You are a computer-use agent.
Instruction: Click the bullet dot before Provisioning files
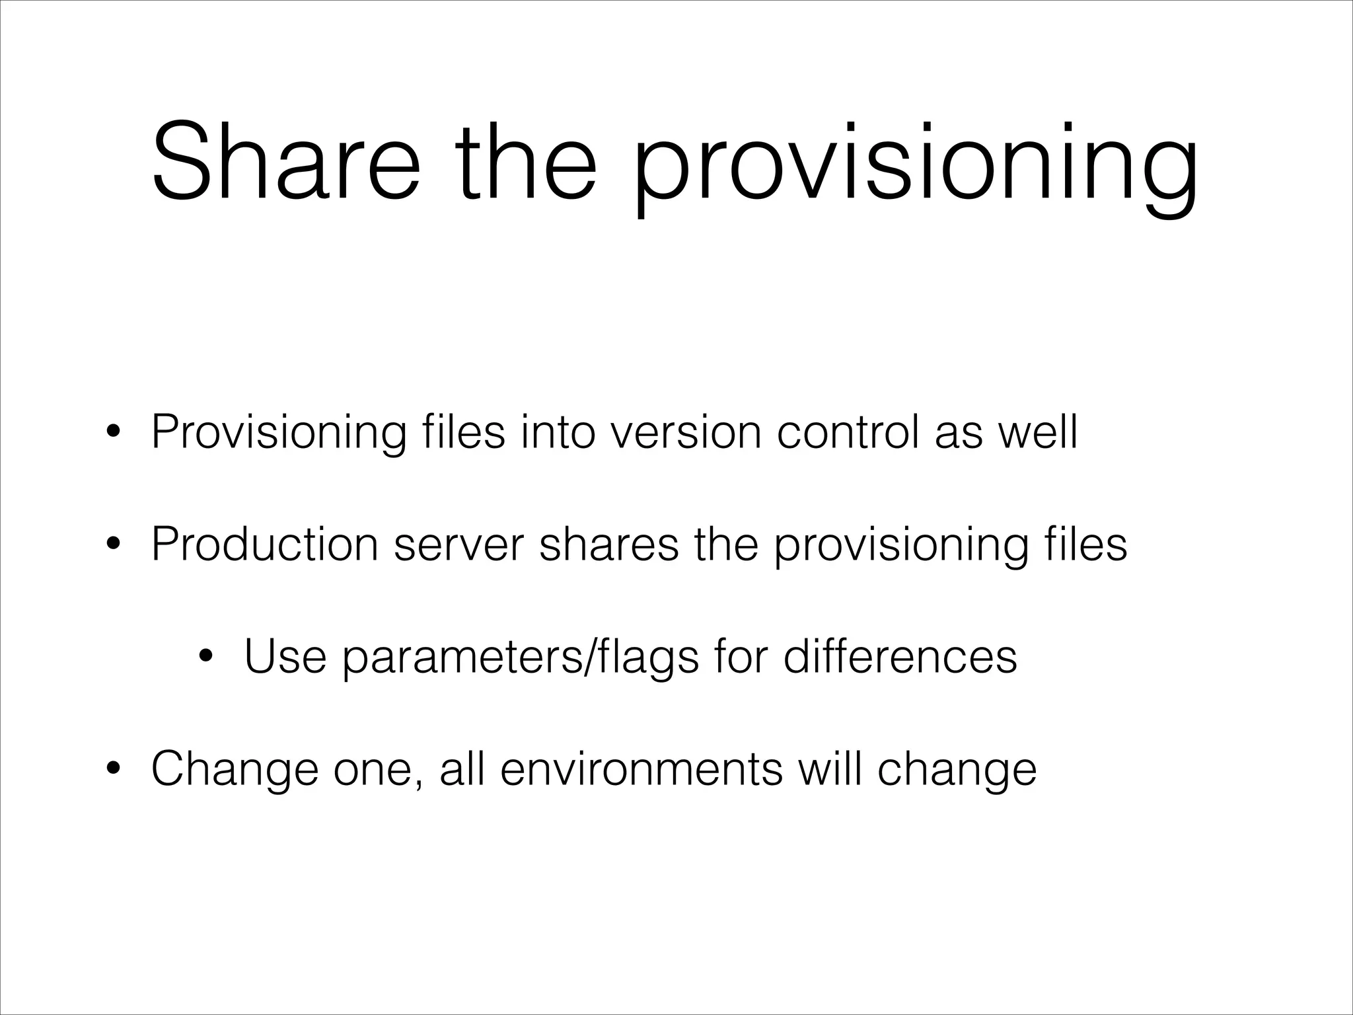114,434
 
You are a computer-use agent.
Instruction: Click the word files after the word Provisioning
462,433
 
